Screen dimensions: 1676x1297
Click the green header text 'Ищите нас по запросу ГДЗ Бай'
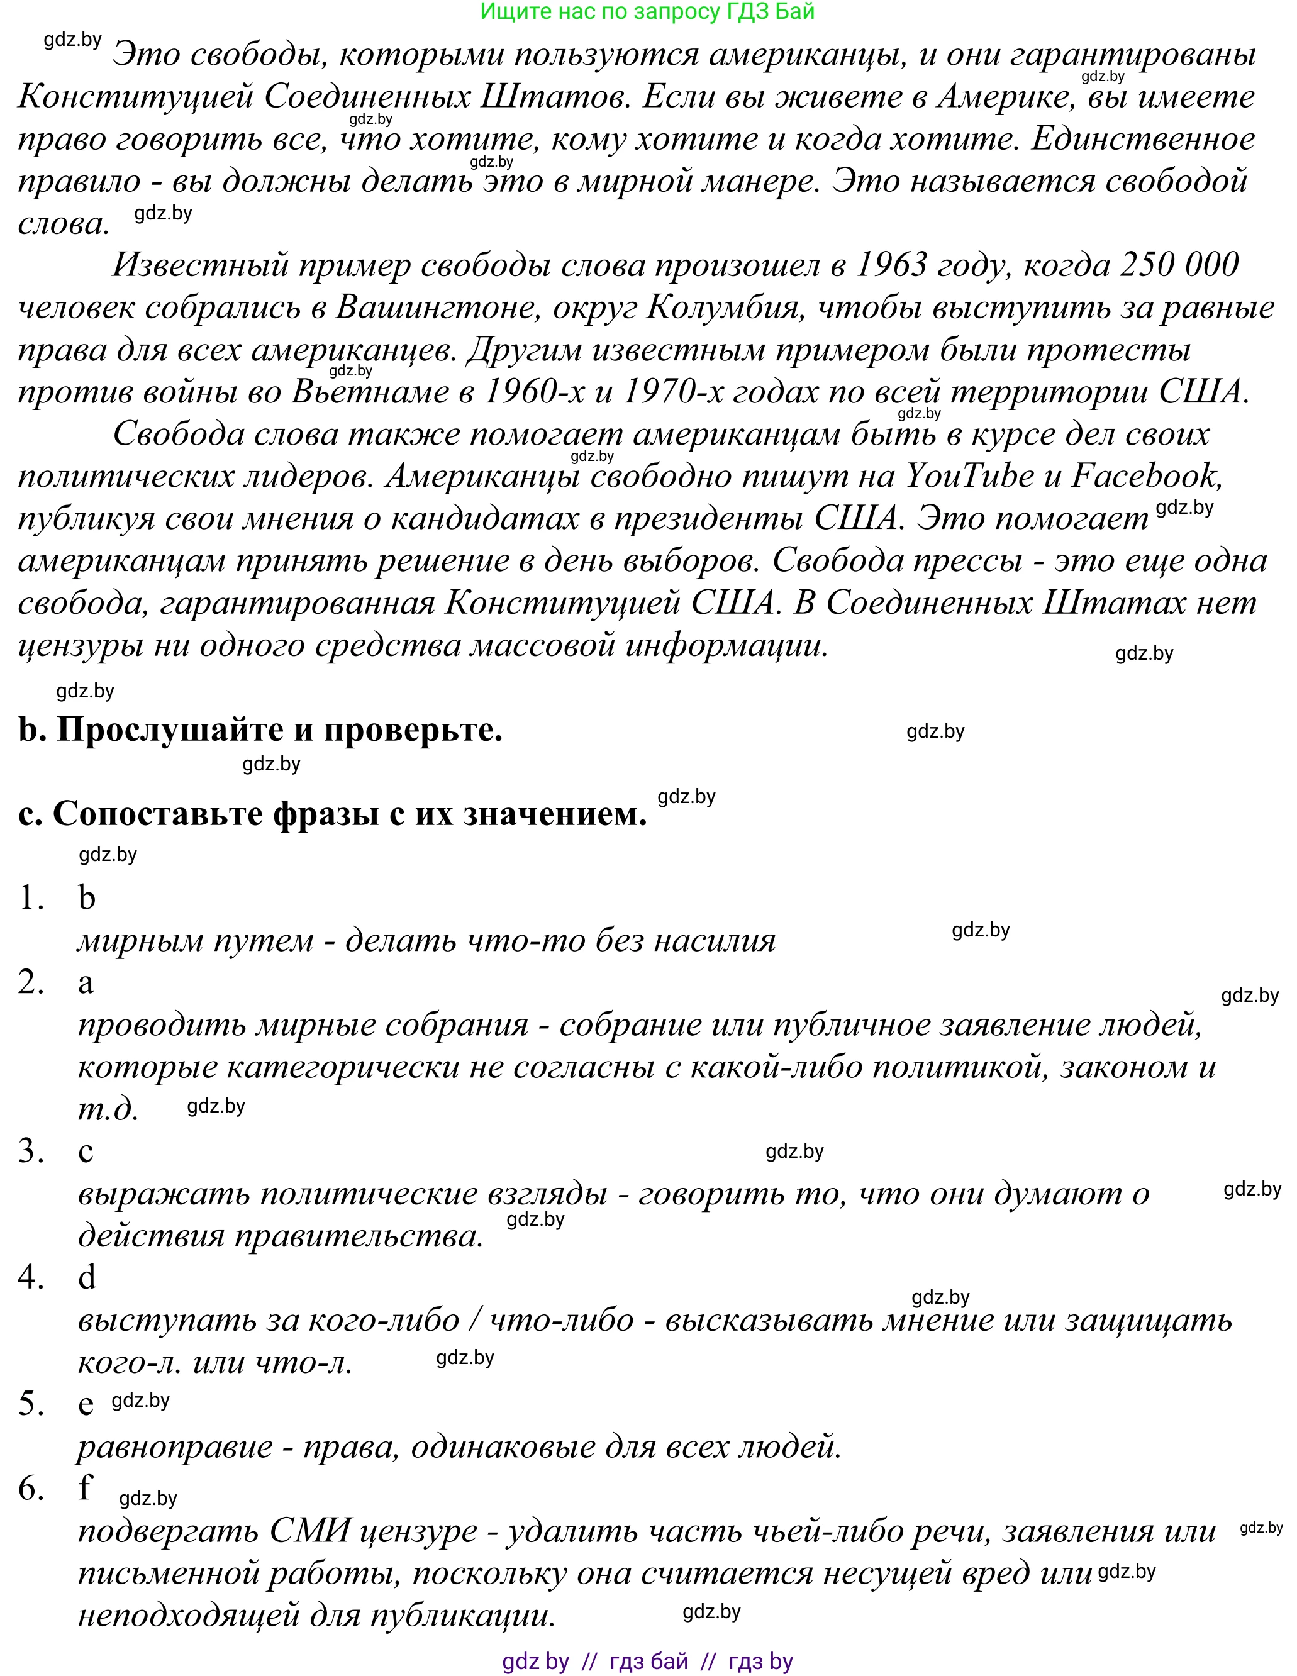[x=647, y=11]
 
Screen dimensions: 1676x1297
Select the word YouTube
[x=970, y=476]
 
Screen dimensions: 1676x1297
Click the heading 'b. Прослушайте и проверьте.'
[x=260, y=730]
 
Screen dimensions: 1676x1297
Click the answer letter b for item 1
[x=87, y=898]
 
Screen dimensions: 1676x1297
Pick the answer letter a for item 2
[x=86, y=983]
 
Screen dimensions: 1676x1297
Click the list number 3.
[x=31, y=1151]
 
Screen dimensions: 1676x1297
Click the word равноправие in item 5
[x=175, y=1446]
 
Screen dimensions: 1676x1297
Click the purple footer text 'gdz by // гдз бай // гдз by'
[x=647, y=1662]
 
